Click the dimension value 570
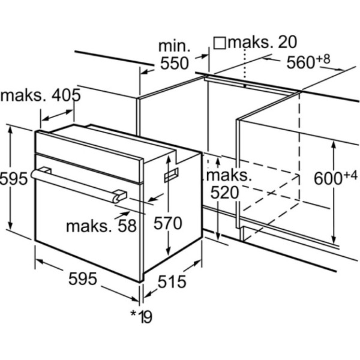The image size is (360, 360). pyautogui.click(x=168, y=223)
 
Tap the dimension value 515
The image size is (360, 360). pyautogui.click(x=172, y=281)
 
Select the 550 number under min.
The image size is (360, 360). pyautogui.click(x=175, y=63)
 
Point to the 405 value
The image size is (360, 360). pyautogui.click(x=66, y=95)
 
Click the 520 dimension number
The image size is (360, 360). pyautogui.click(x=225, y=193)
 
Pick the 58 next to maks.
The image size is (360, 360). pyautogui.click(x=127, y=226)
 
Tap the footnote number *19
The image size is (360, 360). pyautogui.click(x=141, y=317)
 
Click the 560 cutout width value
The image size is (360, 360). pyautogui.click(x=301, y=62)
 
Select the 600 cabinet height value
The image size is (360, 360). pyautogui.click(x=328, y=178)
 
